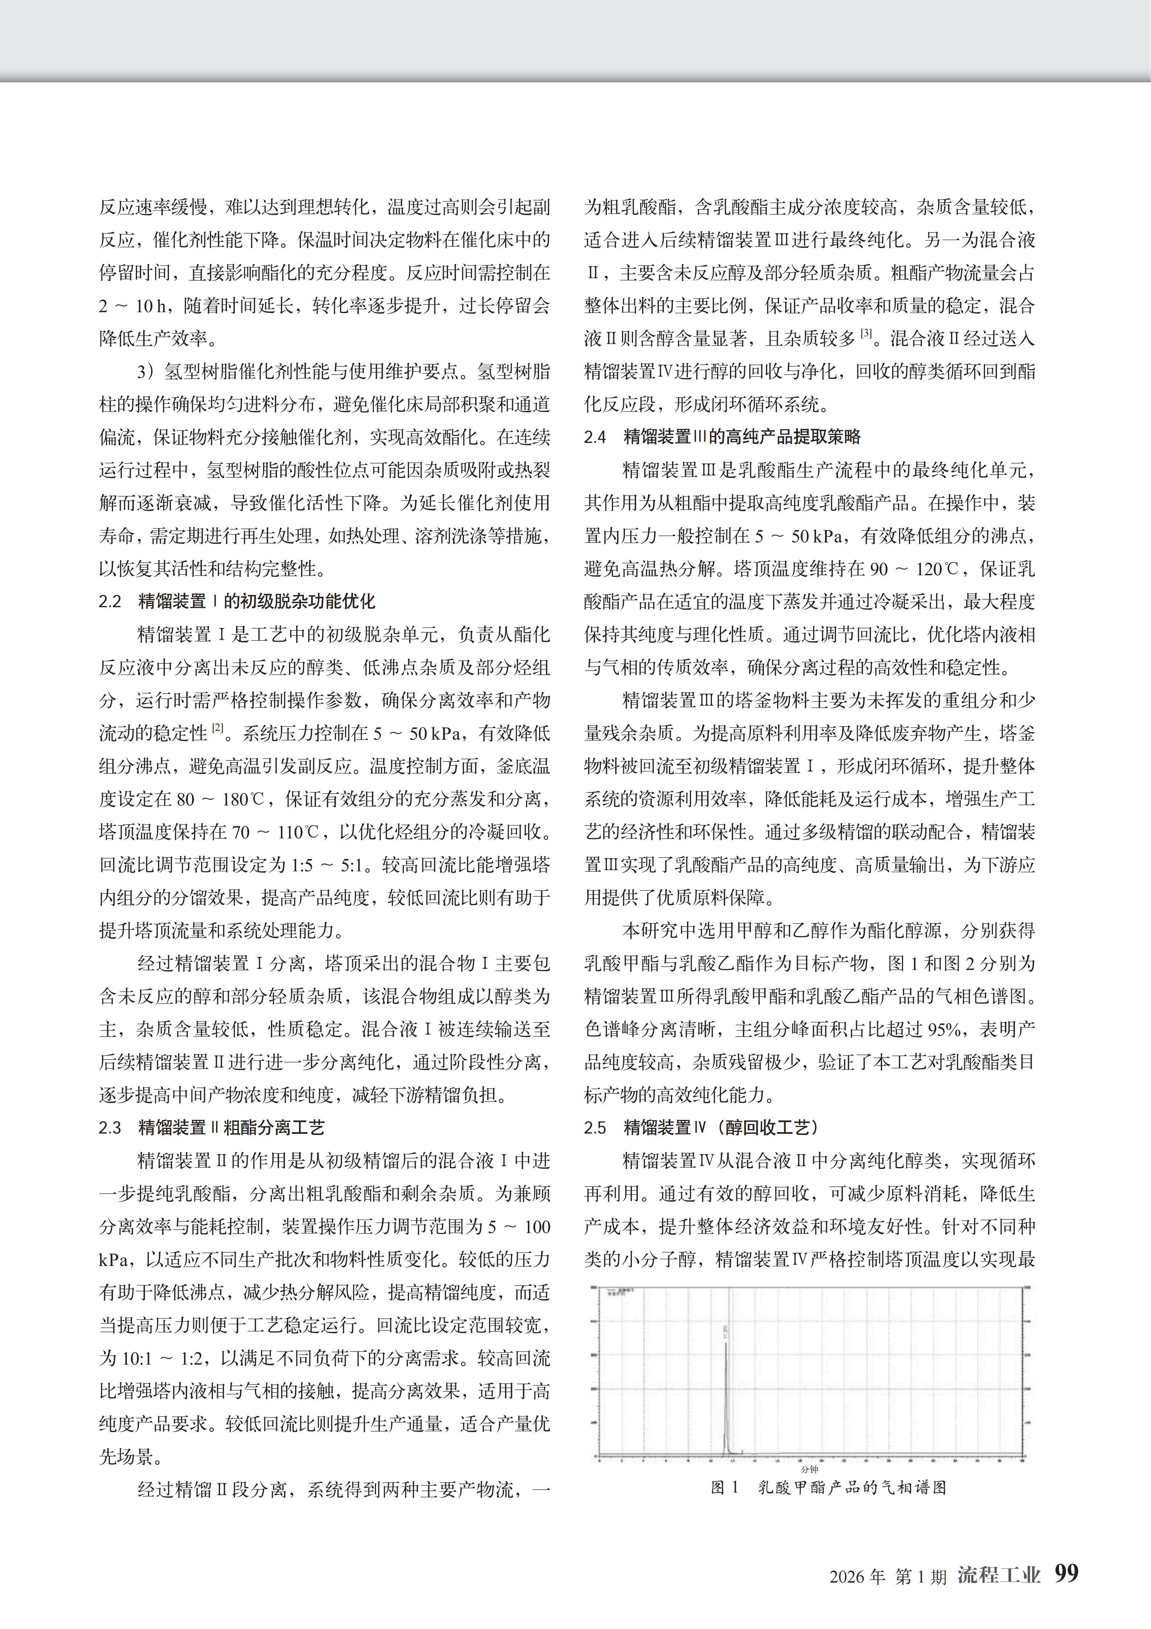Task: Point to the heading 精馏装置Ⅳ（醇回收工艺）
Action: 722,1127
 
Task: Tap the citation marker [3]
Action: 866,333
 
